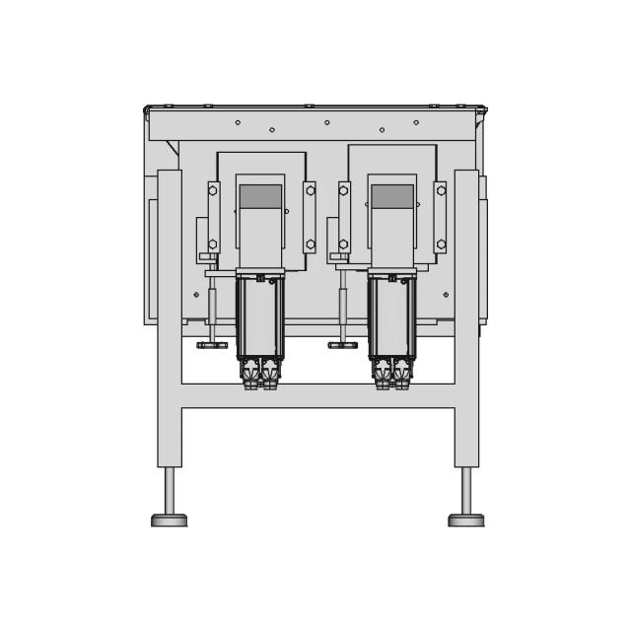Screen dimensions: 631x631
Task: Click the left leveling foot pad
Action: [169, 520]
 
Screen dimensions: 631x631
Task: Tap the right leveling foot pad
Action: [466, 520]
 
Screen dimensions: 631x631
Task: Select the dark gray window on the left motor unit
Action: [260, 196]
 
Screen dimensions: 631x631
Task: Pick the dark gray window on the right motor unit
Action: [392, 196]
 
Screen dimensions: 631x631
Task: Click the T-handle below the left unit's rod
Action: [212, 345]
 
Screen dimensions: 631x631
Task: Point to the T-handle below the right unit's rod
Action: [343, 345]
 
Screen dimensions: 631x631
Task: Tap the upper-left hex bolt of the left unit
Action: [213, 190]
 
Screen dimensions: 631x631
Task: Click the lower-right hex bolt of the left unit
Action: [311, 244]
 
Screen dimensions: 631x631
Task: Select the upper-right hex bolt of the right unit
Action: [441, 190]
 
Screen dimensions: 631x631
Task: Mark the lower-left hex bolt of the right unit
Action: [344, 244]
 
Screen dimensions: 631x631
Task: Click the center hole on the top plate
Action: [327, 122]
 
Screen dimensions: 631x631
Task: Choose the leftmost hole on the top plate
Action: [238, 122]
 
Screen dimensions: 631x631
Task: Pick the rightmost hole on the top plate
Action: [416, 122]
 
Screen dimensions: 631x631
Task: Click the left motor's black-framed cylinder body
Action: [260, 317]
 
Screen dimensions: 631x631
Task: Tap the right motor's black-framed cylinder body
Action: [392, 317]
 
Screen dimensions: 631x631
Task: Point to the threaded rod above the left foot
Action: [170, 490]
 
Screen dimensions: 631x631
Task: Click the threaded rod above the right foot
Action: [466, 490]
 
